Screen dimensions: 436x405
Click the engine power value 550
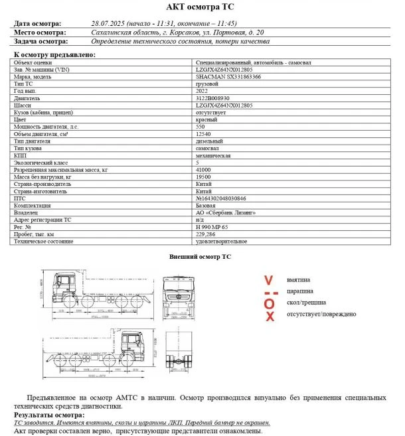coord(201,126)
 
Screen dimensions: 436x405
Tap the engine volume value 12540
coord(202,133)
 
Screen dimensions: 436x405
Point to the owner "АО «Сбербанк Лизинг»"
coord(226,212)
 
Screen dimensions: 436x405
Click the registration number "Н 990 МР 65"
coord(212,226)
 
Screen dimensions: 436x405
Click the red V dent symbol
coord(268,279)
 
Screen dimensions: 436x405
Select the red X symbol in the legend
coord(270,317)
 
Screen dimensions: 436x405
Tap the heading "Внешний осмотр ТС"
coord(200,255)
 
